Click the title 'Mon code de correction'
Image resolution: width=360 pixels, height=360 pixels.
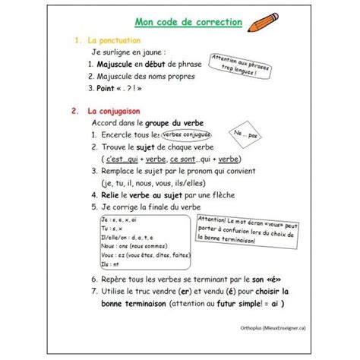click(188, 22)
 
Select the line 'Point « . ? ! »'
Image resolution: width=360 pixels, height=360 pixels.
click(125, 88)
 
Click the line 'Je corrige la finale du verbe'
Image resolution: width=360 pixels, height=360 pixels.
click(151, 206)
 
